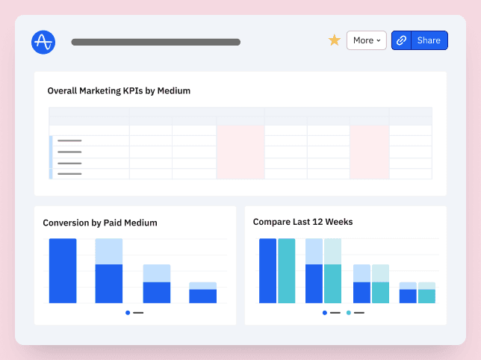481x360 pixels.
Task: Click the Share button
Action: [x=429, y=40]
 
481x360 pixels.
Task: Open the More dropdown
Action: [x=366, y=40]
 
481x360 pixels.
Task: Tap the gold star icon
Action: [x=335, y=40]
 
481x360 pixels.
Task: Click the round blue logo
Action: [x=43, y=42]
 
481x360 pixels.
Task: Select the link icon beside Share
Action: [x=401, y=40]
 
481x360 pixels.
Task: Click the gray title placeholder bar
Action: [x=155, y=42]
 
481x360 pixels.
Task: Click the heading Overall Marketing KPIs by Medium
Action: [x=119, y=91]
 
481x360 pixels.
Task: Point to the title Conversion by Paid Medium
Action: [x=100, y=223]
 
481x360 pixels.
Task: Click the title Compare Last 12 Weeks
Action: [x=303, y=222]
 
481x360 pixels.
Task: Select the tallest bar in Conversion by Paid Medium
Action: [x=63, y=270]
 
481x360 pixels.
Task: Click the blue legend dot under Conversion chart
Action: [x=128, y=312]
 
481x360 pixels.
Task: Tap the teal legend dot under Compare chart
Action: [x=349, y=312]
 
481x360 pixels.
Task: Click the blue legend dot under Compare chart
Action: [x=324, y=312]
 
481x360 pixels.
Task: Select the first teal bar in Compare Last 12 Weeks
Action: [x=287, y=270]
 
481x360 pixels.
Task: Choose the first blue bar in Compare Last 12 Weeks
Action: [x=267, y=270]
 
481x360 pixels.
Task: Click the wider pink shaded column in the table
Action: [x=241, y=152]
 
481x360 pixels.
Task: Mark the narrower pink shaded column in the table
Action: [x=369, y=152]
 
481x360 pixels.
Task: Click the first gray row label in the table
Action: [x=69, y=140]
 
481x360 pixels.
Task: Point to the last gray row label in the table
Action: [x=69, y=174]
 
